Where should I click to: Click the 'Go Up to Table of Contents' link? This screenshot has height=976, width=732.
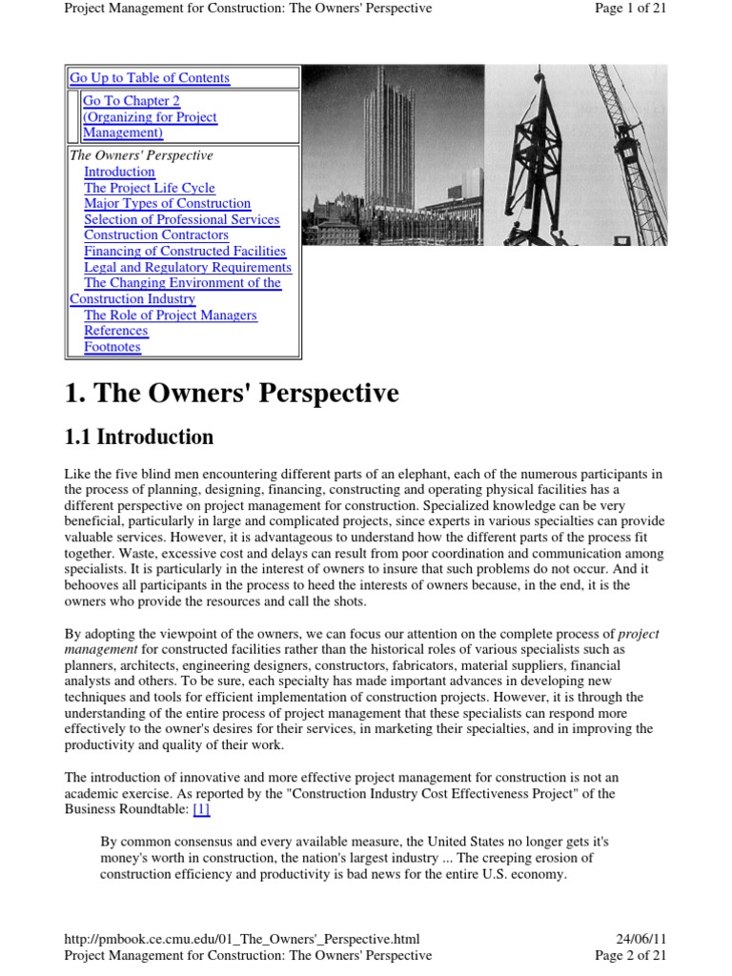pyautogui.click(x=150, y=78)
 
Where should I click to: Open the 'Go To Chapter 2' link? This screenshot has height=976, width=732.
pyautogui.click(x=132, y=101)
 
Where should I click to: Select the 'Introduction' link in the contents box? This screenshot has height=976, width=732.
pyautogui.click(x=119, y=172)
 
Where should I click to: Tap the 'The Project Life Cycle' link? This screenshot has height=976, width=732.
pyautogui.click(x=150, y=188)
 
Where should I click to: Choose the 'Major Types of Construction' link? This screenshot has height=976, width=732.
pyautogui.click(x=167, y=203)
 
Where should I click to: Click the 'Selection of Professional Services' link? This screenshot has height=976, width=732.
pyautogui.click(x=181, y=219)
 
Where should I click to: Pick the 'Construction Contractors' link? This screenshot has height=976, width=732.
pyautogui.click(x=156, y=234)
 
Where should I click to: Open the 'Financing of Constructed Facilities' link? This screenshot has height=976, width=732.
pyautogui.click(x=185, y=251)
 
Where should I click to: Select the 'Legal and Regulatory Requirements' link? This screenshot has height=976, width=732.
pyautogui.click(x=188, y=267)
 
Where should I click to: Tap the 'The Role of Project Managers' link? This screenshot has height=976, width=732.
pyautogui.click(x=171, y=315)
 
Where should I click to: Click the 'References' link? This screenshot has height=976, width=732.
pyautogui.click(x=115, y=331)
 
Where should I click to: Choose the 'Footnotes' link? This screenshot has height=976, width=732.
pyautogui.click(x=112, y=347)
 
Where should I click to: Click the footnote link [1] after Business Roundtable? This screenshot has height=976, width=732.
pyautogui.click(x=200, y=810)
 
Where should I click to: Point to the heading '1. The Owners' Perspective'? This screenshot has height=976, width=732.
pyautogui.click(x=232, y=394)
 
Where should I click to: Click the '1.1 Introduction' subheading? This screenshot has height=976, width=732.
pyautogui.click(x=139, y=437)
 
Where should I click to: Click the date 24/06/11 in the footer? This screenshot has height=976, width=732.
pyautogui.click(x=642, y=939)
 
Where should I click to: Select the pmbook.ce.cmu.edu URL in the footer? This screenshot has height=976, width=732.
pyautogui.click(x=241, y=939)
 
